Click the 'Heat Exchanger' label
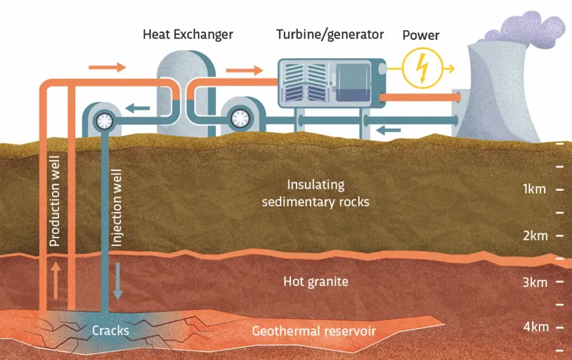pos(187,34)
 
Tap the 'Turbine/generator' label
pos(330,34)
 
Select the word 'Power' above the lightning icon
pos(421,35)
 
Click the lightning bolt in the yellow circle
pos(422,68)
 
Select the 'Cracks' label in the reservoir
pos(111,330)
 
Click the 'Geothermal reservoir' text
pos(313,331)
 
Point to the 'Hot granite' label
pos(316,281)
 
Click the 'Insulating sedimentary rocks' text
pos(316,193)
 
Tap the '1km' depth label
pos(534,189)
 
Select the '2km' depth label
pos(535,236)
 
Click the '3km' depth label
pos(535,282)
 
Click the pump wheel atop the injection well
pos(104,119)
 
